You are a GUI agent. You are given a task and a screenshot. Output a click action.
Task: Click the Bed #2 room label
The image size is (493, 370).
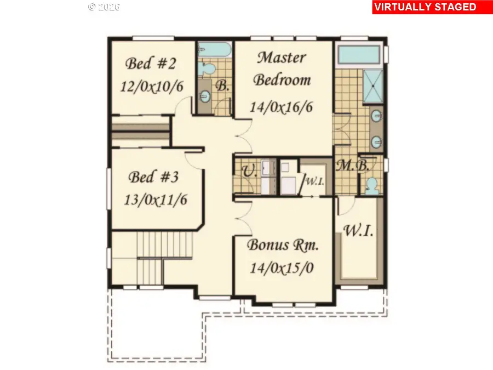151,63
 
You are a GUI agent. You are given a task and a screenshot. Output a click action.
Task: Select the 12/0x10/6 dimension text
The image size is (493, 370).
152,86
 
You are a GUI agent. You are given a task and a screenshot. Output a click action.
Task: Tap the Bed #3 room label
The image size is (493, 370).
153,177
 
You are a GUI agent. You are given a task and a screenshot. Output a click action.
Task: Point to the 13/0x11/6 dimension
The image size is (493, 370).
156,200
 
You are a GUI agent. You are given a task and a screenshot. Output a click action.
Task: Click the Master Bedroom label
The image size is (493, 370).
282,69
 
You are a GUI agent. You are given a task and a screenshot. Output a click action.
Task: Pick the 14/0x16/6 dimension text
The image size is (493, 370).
282,107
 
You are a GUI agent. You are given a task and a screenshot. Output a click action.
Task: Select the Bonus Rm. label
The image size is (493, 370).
283,245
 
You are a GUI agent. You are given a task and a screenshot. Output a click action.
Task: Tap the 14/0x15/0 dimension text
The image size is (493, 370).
282,268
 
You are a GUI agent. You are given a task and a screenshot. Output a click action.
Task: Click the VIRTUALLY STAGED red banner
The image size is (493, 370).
432,7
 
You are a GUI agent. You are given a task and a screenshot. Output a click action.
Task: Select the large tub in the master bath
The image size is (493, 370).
359,55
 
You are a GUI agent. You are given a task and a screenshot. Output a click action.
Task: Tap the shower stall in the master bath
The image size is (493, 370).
373,86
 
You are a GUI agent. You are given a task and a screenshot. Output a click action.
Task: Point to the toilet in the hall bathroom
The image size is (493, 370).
207,69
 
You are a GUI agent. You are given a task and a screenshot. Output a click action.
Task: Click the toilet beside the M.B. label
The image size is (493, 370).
372,185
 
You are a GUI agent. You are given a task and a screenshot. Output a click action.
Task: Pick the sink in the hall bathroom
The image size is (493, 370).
205,95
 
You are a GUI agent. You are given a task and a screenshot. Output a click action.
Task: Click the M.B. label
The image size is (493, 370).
353,166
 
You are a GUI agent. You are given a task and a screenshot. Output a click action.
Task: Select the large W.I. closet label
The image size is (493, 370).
358,231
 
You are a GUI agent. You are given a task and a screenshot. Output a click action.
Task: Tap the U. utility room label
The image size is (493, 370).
250,171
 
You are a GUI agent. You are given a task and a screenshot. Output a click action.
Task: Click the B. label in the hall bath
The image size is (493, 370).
222,86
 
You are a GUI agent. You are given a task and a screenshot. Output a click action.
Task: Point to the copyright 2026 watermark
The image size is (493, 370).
104,7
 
